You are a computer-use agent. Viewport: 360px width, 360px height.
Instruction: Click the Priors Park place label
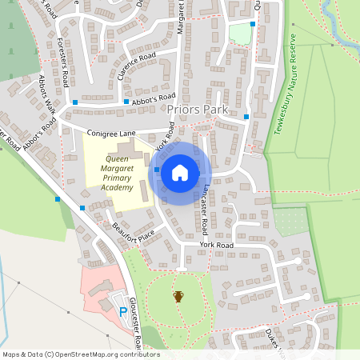[198, 109]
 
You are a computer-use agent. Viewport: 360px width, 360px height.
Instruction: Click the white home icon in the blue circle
[180, 172]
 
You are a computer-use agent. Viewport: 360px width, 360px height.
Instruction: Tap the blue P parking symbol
[122, 311]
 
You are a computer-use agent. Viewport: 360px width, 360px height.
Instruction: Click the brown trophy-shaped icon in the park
[178, 297]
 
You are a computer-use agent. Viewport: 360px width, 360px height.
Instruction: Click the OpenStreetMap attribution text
[81, 354]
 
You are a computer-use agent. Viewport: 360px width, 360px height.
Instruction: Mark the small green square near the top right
[239, 34]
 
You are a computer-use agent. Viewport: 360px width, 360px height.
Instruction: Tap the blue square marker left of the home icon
[157, 170]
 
